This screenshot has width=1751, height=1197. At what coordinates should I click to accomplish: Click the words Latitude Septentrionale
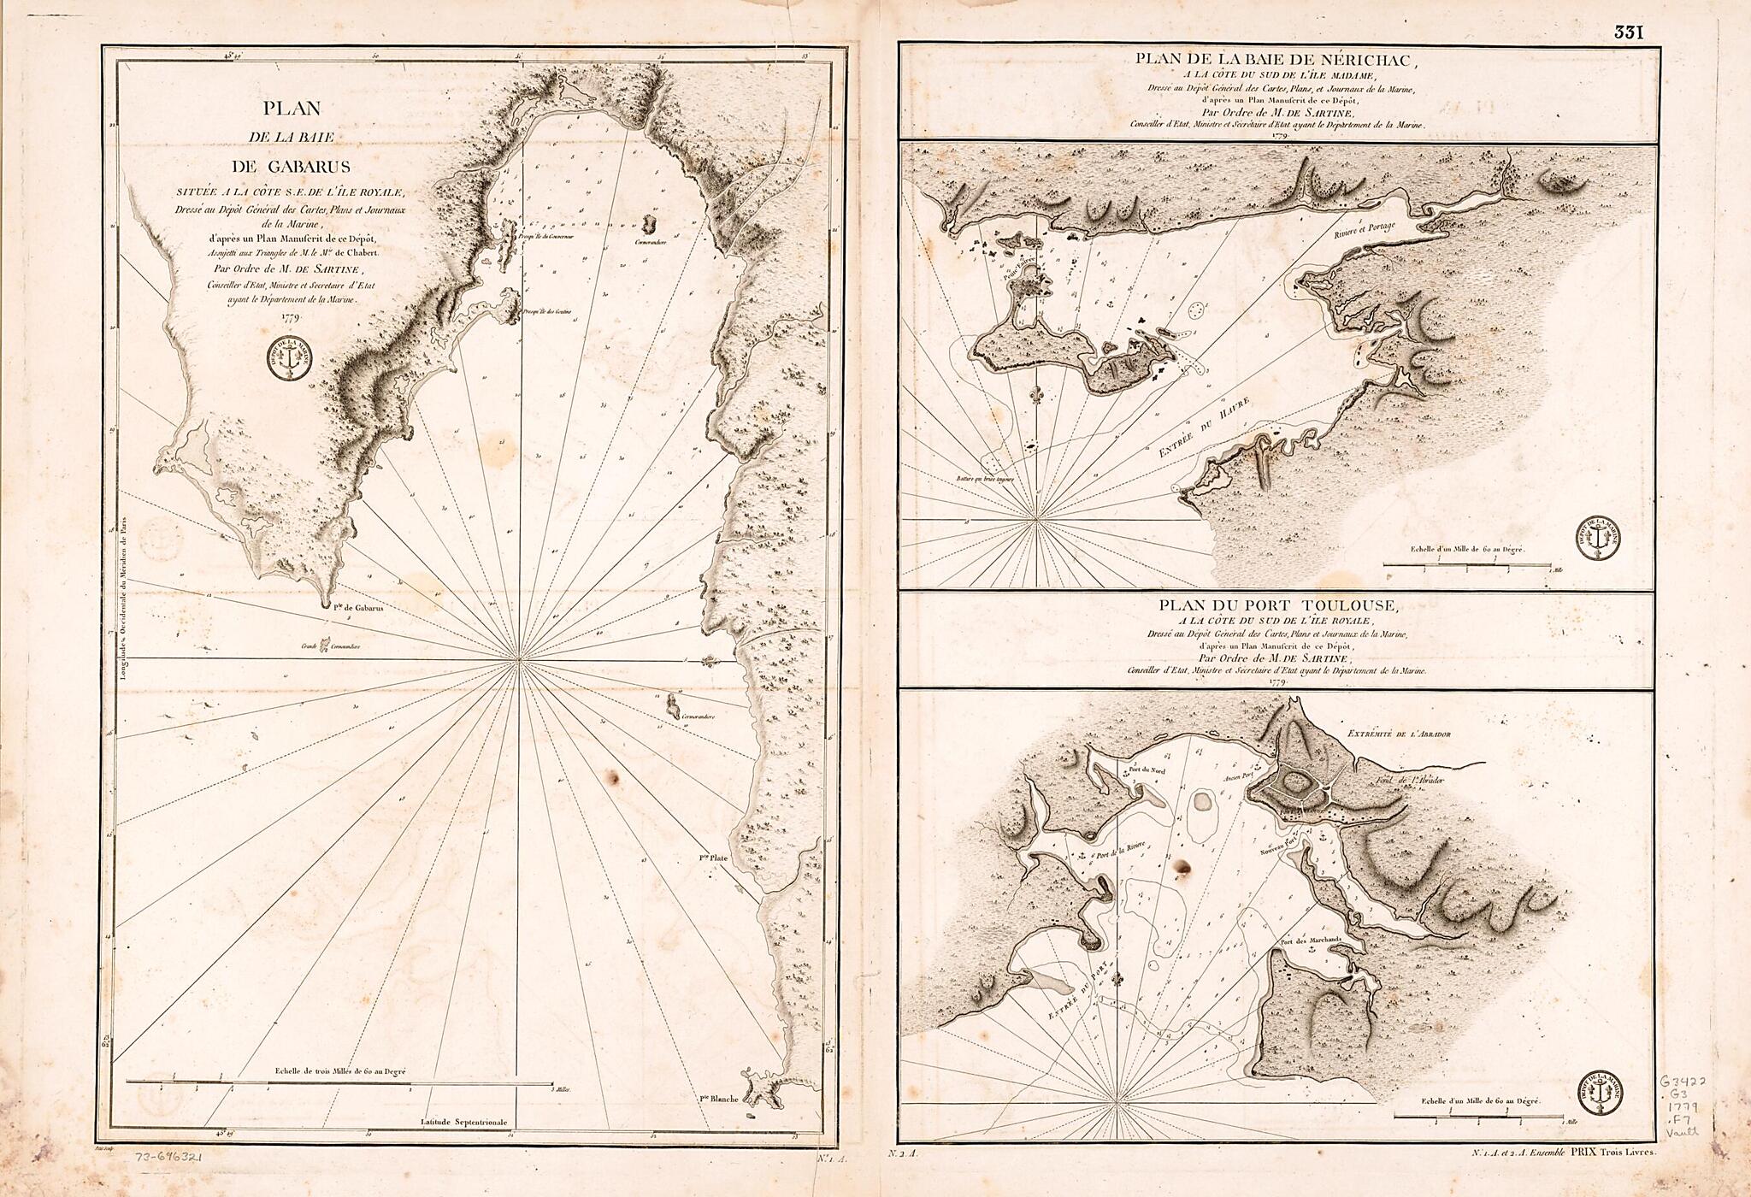(x=464, y=1121)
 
